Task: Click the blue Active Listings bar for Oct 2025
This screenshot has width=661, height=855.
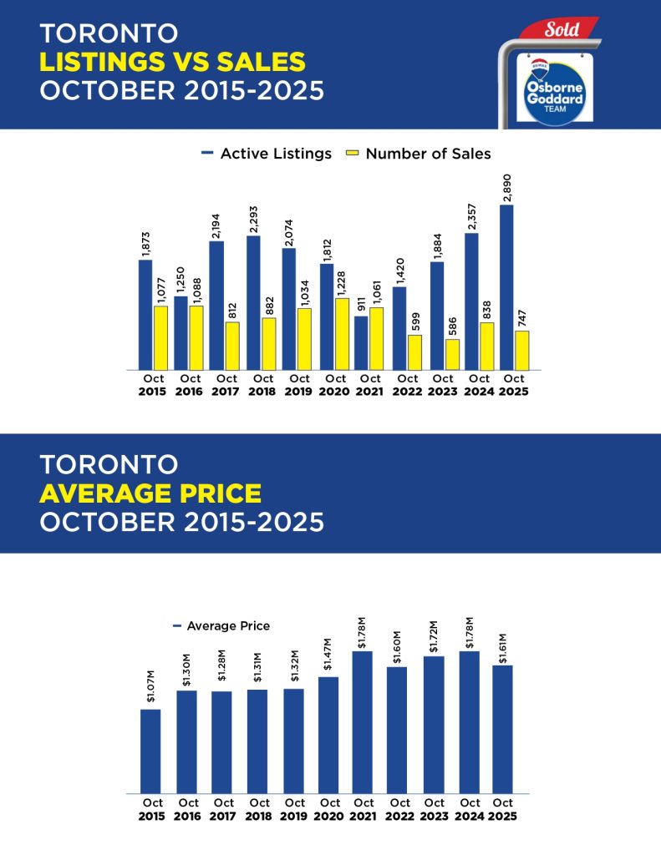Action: click(506, 286)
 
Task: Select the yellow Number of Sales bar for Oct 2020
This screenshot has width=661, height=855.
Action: click(342, 333)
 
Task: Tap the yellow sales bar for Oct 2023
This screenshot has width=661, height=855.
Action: click(452, 354)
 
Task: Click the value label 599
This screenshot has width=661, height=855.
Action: click(415, 321)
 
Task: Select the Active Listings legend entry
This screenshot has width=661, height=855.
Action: click(267, 154)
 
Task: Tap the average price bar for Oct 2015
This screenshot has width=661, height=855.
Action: click(150, 751)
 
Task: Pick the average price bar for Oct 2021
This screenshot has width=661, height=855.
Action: click(362, 721)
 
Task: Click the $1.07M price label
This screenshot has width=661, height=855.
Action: click(150, 692)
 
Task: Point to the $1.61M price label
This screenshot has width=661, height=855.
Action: click(502, 648)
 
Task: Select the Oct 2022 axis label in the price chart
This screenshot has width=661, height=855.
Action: click(398, 809)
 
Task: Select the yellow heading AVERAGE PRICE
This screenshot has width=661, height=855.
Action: click(150, 493)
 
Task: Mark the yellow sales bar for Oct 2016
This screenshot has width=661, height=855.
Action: click(196, 337)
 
